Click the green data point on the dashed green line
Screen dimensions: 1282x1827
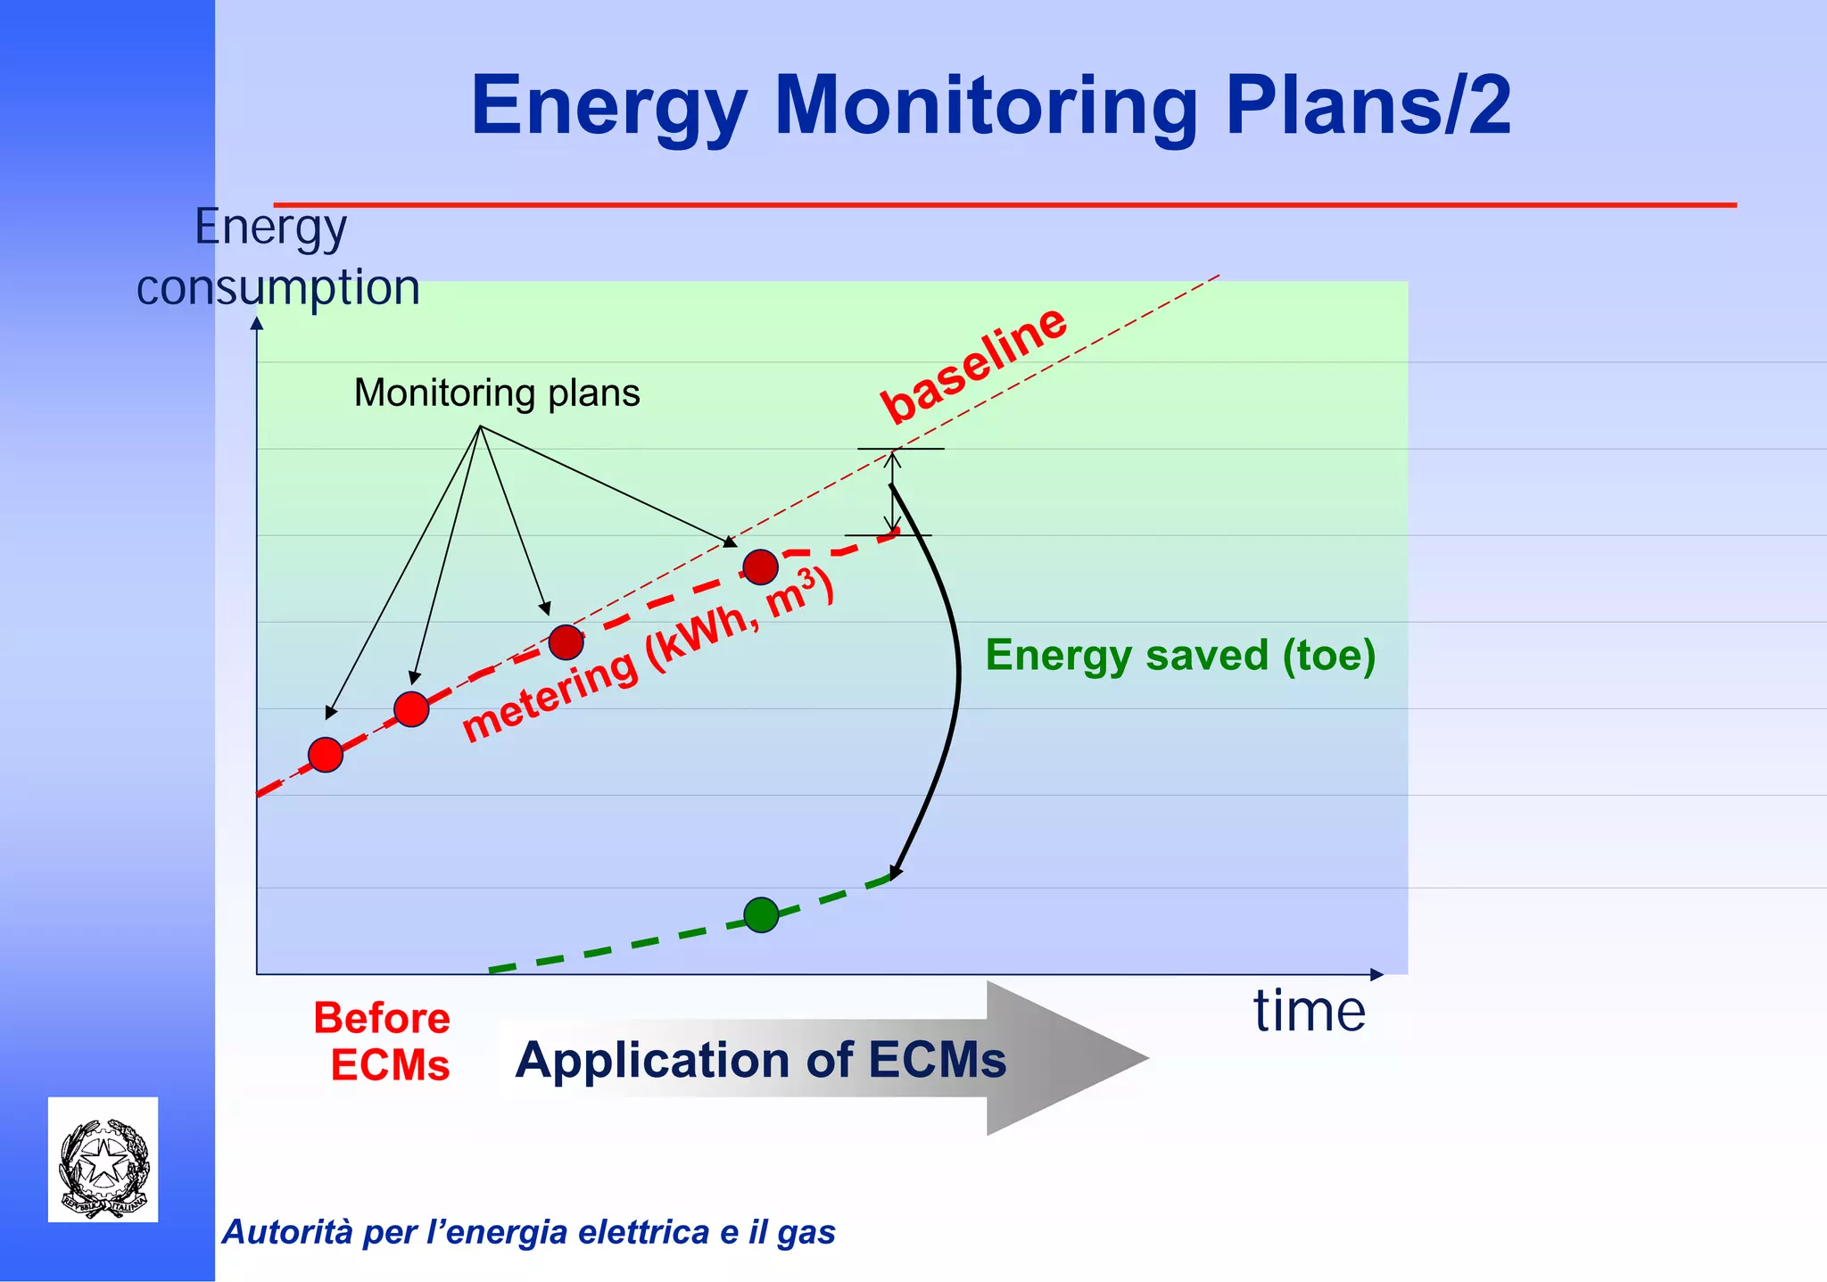(761, 914)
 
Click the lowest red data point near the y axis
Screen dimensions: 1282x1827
(326, 755)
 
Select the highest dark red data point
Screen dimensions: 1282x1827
(760, 567)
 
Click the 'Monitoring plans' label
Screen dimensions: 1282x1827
(497, 393)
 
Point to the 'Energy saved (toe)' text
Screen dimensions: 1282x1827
(1180, 656)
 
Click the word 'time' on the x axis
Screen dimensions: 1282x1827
(1309, 1012)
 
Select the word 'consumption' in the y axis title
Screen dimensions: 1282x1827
(278, 288)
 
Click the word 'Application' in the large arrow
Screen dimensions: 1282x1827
(652, 1061)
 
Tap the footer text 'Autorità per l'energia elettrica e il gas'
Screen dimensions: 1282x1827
(528, 1232)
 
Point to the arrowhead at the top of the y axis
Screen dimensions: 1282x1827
(257, 323)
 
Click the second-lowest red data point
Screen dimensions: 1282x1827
(411, 709)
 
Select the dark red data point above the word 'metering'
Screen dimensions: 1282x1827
(566, 642)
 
